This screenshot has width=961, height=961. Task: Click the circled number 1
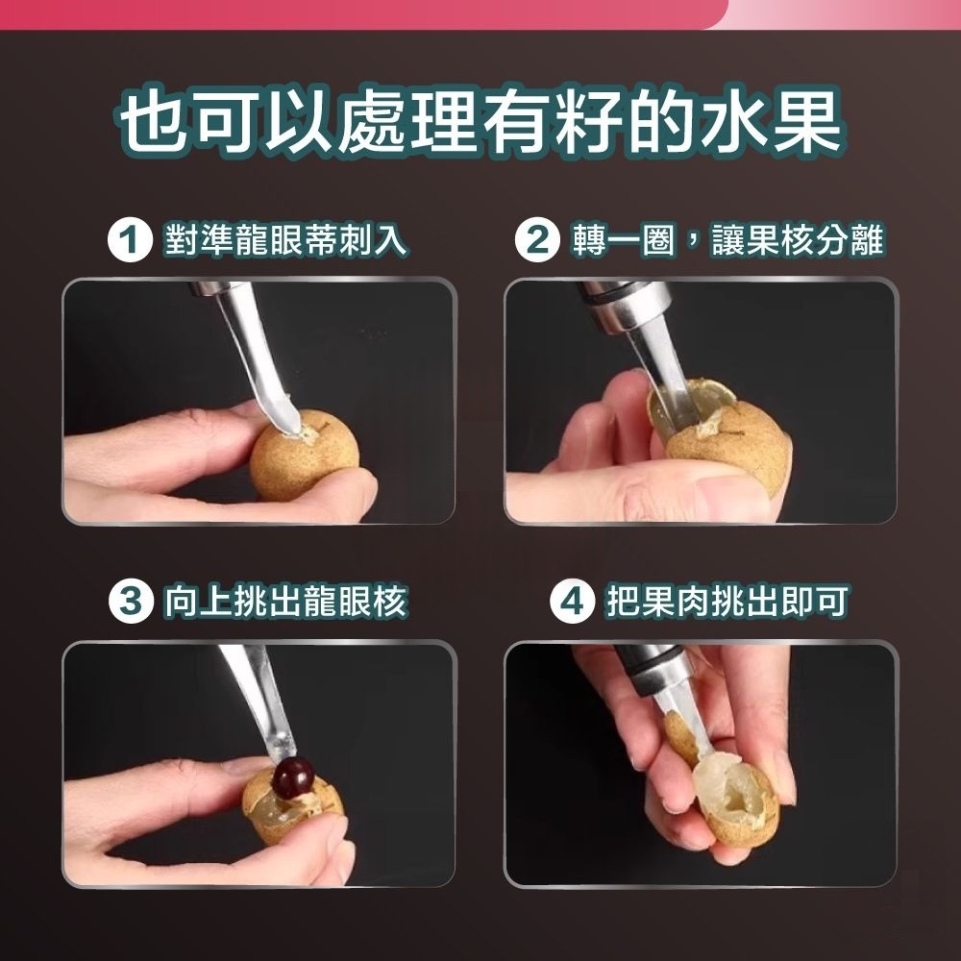click(130, 240)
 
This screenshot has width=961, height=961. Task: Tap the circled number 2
click(537, 240)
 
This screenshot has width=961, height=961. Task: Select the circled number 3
click(130, 602)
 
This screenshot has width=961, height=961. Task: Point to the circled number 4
click(572, 602)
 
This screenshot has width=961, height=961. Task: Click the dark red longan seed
click(293, 777)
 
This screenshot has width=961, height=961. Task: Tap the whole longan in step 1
click(304, 455)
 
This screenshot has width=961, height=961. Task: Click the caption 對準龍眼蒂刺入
click(285, 240)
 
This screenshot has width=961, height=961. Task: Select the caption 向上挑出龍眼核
click(285, 602)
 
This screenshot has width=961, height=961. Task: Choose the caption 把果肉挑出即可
click(727, 602)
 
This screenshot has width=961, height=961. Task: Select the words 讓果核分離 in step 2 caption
click(798, 240)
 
